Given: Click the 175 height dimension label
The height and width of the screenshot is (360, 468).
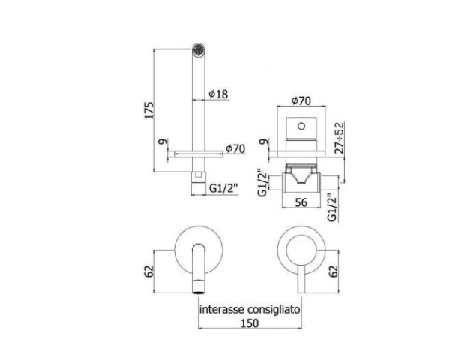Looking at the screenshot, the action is point(149,109).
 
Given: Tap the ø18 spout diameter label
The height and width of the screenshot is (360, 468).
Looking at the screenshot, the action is point(218,94).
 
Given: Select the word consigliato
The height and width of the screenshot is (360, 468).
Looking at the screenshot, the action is point(276,308).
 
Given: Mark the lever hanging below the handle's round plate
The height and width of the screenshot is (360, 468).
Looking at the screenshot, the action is point(303,277).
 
